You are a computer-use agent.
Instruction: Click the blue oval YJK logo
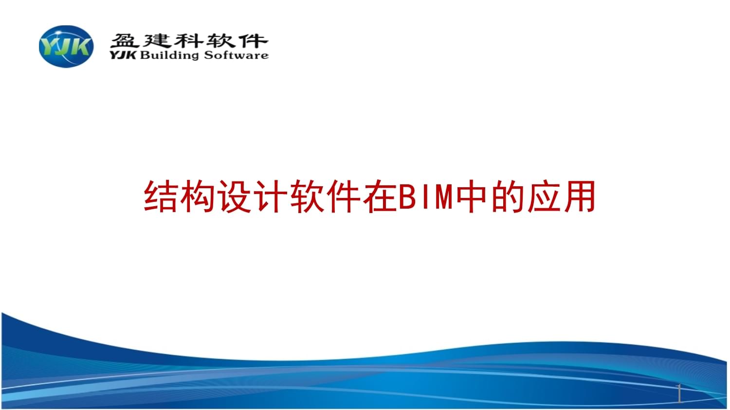(x=66, y=47)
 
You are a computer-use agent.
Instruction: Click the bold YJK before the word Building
(x=123, y=55)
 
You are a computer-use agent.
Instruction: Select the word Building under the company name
(x=169, y=55)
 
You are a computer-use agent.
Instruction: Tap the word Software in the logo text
(x=236, y=55)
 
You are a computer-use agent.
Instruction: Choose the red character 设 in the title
(x=234, y=196)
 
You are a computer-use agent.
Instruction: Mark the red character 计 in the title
(x=271, y=196)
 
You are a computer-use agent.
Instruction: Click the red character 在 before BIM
(x=380, y=196)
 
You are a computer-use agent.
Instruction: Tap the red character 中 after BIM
(x=471, y=196)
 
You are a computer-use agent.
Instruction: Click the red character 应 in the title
(x=544, y=196)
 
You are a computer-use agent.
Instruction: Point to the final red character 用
(x=580, y=196)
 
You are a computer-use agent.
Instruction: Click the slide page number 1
(x=679, y=393)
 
